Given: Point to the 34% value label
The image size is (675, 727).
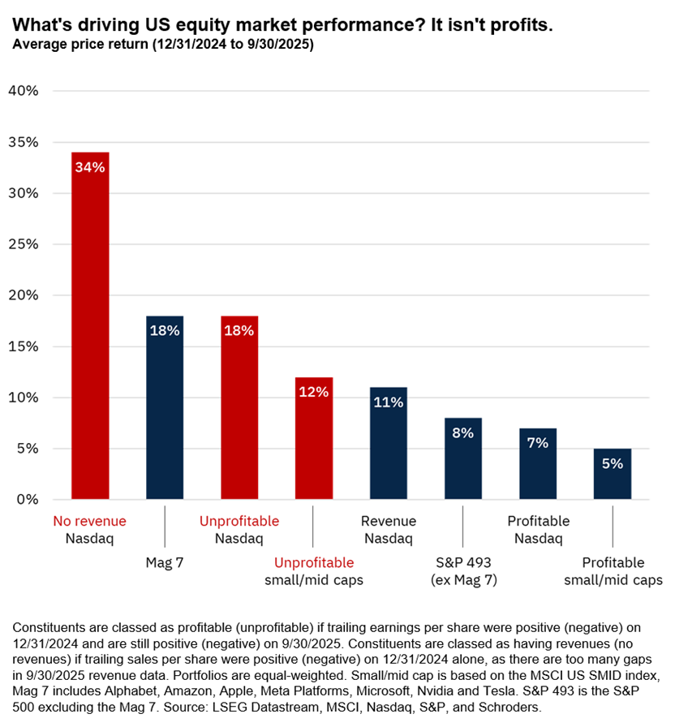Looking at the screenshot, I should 90,168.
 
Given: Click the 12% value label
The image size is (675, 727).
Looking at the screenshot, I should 314,393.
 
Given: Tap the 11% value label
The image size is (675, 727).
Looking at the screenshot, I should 389,402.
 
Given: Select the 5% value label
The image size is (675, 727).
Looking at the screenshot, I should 613,464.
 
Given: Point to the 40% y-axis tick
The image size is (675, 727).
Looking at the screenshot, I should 23,91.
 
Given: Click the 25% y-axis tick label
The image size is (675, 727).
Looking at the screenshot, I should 23,244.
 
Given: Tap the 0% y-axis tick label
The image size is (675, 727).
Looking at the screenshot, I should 27,500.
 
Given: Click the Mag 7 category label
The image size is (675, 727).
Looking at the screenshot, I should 165,562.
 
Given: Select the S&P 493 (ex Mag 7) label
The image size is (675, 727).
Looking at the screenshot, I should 463,571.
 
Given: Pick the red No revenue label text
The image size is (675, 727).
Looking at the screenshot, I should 89,521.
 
